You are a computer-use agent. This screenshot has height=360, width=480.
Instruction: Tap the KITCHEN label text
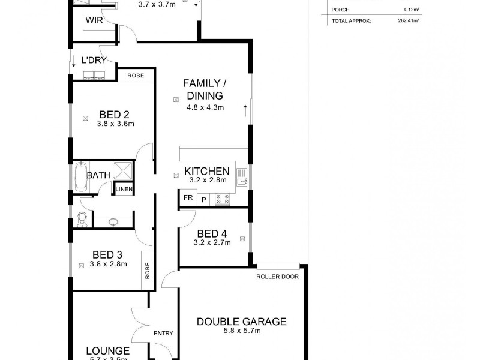(206, 170)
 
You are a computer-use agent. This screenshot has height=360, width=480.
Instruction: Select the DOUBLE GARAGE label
(242, 322)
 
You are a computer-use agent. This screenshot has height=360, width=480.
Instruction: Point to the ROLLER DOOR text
(277, 277)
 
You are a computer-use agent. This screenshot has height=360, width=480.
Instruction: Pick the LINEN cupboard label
(124, 190)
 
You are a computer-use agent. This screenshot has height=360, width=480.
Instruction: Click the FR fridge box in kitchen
(187, 197)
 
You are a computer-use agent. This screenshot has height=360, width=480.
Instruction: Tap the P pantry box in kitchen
(203, 199)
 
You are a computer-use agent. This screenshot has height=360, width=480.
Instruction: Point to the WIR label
(94, 20)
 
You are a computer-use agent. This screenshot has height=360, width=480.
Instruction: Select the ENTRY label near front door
(163, 334)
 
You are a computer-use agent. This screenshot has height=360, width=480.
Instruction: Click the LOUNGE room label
(108, 350)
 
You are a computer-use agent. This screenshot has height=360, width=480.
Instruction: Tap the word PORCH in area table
(340, 10)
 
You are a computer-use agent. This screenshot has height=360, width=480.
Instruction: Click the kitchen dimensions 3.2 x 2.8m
(206, 179)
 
